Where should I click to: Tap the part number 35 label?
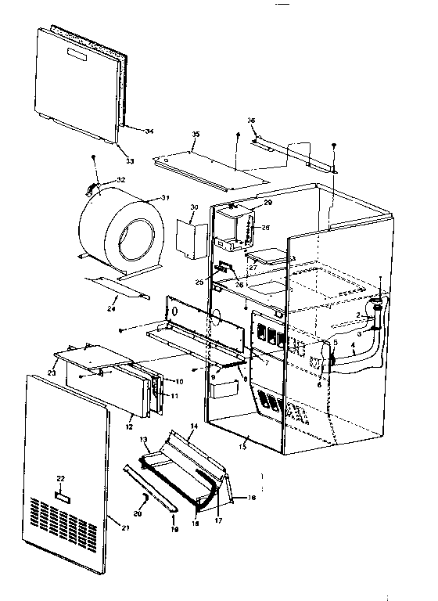(196, 135)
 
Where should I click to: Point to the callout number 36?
(251, 120)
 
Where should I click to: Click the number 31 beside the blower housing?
(165, 196)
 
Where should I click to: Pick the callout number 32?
(120, 180)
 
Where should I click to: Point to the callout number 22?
(60, 477)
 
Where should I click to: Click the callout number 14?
(193, 426)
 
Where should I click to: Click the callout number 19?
(174, 530)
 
